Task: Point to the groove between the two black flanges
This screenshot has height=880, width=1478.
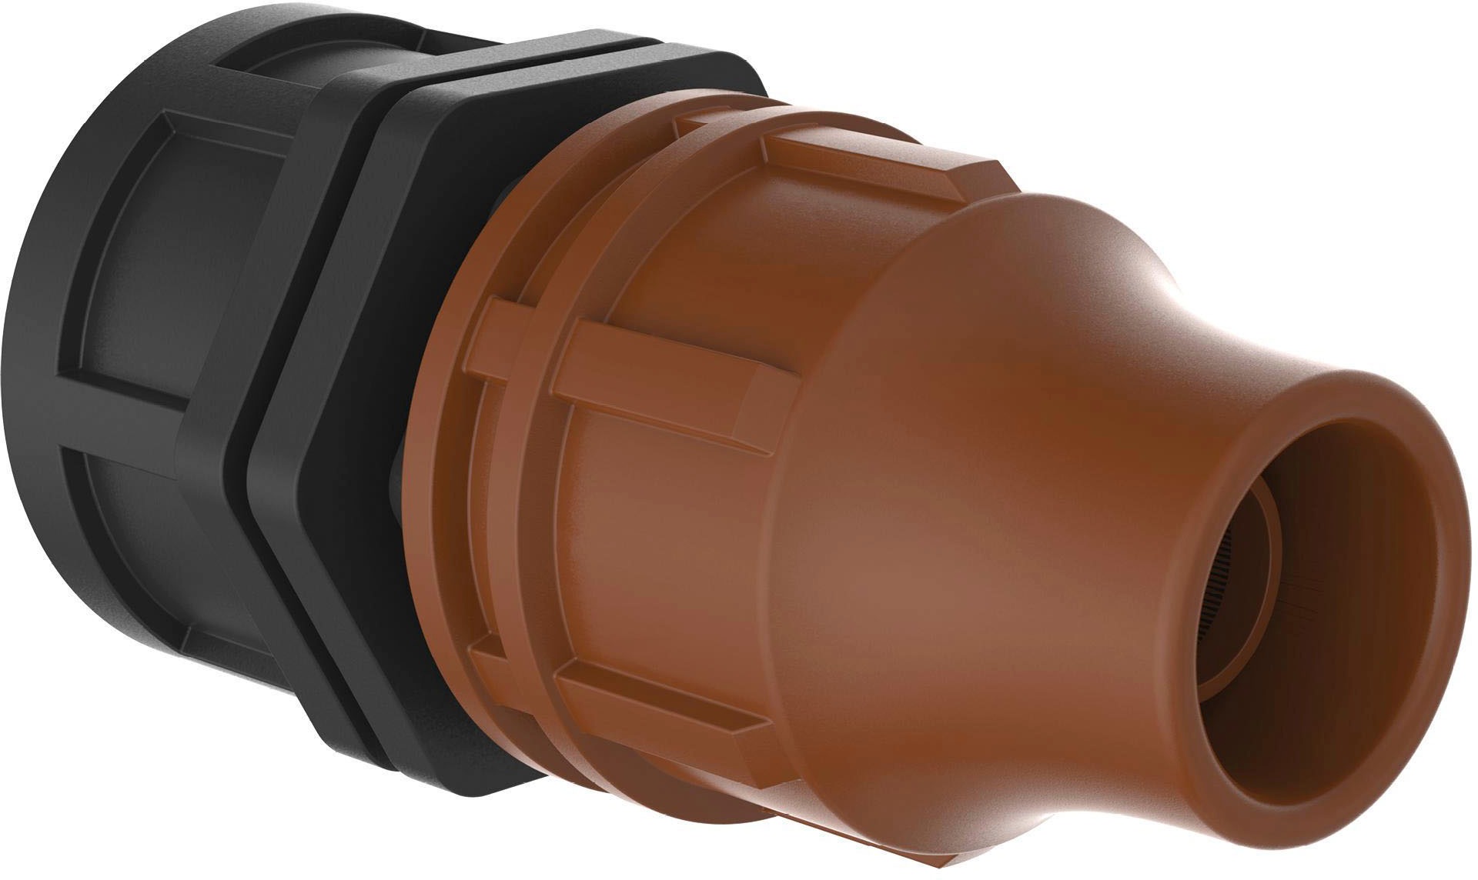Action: pyautogui.click(x=246, y=462)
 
